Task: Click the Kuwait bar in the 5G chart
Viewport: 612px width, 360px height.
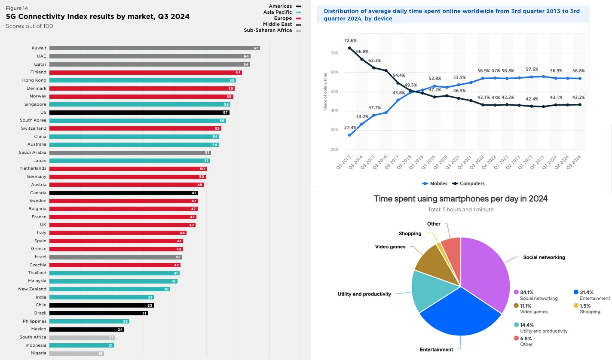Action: point(155,48)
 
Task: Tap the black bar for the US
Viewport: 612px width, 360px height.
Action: point(139,113)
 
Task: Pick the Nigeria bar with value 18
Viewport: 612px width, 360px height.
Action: point(76,353)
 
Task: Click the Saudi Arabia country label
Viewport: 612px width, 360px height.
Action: point(32,153)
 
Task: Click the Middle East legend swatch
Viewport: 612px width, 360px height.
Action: point(298,24)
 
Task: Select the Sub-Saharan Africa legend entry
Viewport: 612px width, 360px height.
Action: point(268,31)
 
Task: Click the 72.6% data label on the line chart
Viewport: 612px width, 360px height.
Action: point(350,41)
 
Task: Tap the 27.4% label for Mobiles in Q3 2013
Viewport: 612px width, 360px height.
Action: point(350,128)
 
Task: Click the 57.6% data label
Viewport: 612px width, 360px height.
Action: point(532,69)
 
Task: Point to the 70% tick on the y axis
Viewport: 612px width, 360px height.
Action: point(334,53)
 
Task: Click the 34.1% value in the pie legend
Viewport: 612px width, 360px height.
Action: point(526,292)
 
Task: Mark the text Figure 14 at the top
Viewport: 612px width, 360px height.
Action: point(17,8)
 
